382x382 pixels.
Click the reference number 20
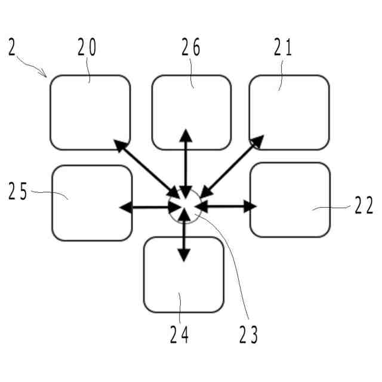click(x=87, y=48)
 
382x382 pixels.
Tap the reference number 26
click(x=191, y=48)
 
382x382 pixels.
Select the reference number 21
click(x=284, y=48)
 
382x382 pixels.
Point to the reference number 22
click(x=363, y=206)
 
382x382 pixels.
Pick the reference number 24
click(x=179, y=335)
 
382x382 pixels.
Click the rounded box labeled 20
click(x=90, y=113)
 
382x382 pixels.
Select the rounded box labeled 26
click(x=191, y=113)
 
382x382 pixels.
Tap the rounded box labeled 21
click(x=289, y=113)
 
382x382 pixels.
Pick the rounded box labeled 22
click(x=289, y=200)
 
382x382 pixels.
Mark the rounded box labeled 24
click(x=183, y=275)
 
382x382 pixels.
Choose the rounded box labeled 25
click(x=92, y=203)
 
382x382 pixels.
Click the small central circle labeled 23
click(x=184, y=208)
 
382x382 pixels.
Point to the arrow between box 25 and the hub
click(x=149, y=207)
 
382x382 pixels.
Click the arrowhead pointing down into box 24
click(x=184, y=254)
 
